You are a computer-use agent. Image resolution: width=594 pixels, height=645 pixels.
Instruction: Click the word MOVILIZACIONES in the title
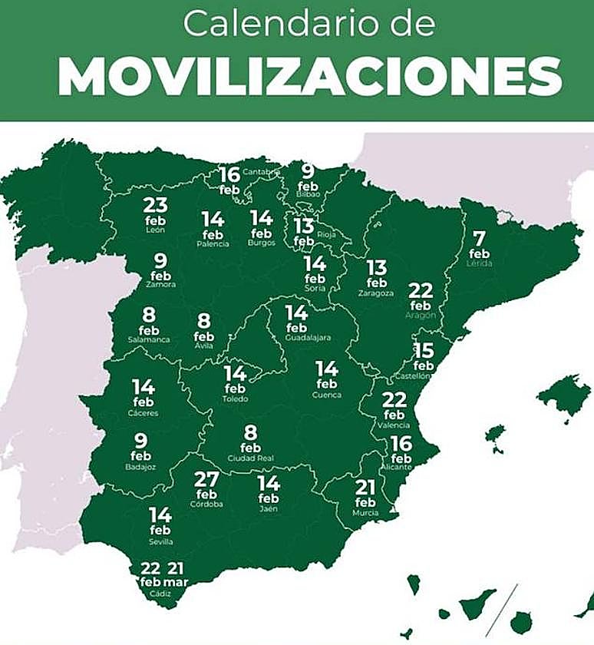pyautogui.click(x=309, y=76)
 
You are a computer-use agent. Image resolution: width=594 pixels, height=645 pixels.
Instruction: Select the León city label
pyautogui.click(x=155, y=230)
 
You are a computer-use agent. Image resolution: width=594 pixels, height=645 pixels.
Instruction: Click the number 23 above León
pyautogui.click(x=155, y=205)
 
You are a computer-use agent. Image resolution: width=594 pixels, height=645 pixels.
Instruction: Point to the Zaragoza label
pyautogui.click(x=376, y=293)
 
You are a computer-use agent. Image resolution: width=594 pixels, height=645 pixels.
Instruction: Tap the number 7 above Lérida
pyautogui.click(x=480, y=238)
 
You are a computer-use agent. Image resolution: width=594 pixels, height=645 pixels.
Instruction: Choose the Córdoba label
pyautogui.click(x=206, y=504)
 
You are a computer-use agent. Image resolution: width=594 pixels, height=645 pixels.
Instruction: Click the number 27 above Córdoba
pyautogui.click(x=206, y=480)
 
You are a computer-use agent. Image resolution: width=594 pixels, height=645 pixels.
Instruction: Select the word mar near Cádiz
pyautogui.click(x=176, y=582)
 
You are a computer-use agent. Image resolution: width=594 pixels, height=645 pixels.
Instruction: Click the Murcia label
pyautogui.click(x=365, y=512)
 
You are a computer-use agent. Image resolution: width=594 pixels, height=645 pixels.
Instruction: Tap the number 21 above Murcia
pyautogui.click(x=365, y=488)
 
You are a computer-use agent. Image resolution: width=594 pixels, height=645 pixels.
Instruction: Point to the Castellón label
pyautogui.click(x=413, y=376)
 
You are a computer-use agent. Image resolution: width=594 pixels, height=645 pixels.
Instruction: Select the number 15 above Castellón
pyautogui.click(x=424, y=351)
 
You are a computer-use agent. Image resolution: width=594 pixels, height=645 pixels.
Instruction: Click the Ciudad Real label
pyautogui.click(x=251, y=459)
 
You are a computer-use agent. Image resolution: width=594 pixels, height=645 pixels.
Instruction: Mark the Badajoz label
pyautogui.click(x=140, y=467)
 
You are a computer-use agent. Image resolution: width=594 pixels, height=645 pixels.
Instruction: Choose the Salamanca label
pyautogui.click(x=149, y=339)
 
